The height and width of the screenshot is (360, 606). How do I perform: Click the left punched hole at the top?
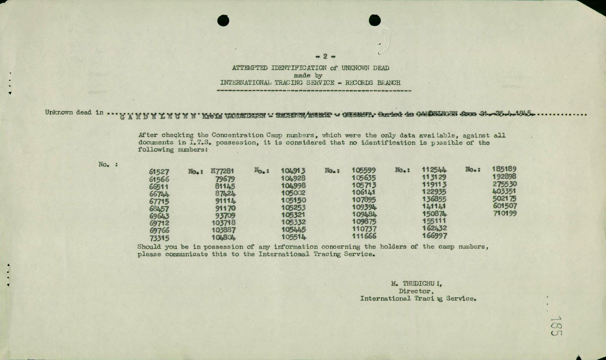coord(223,21)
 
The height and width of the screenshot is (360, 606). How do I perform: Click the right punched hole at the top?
coord(375,20)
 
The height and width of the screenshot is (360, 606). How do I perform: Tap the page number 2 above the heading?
coord(325,56)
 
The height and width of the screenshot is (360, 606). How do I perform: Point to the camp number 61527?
coord(159,172)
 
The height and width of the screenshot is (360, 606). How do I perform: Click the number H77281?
coord(222,171)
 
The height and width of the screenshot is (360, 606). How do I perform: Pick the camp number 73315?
coord(159,238)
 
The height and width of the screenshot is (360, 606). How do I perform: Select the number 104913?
coord(293,171)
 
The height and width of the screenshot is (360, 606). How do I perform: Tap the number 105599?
coord(364,170)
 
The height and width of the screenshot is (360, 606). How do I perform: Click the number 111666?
coord(364,236)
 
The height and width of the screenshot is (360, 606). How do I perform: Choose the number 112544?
coord(435,170)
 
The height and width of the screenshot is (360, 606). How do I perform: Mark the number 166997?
coord(435,235)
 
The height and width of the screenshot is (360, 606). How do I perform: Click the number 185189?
coord(504,169)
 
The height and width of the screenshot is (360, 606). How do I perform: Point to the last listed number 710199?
coord(504,213)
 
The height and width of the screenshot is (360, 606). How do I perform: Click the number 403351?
coord(504,191)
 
